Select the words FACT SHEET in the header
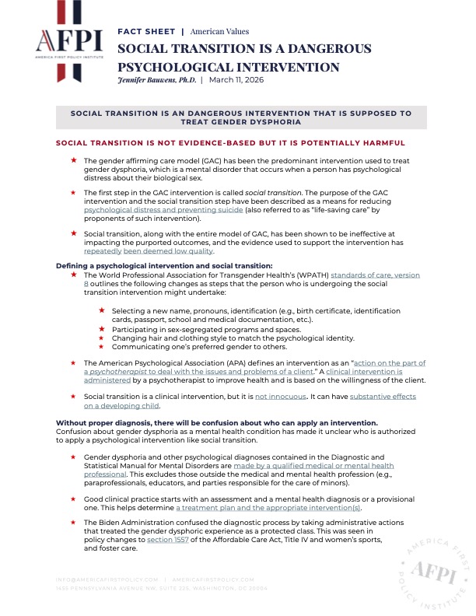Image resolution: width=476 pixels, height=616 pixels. (145, 32)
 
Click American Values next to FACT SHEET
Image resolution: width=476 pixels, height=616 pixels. (219, 32)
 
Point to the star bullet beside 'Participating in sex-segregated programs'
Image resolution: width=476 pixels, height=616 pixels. (103, 329)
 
